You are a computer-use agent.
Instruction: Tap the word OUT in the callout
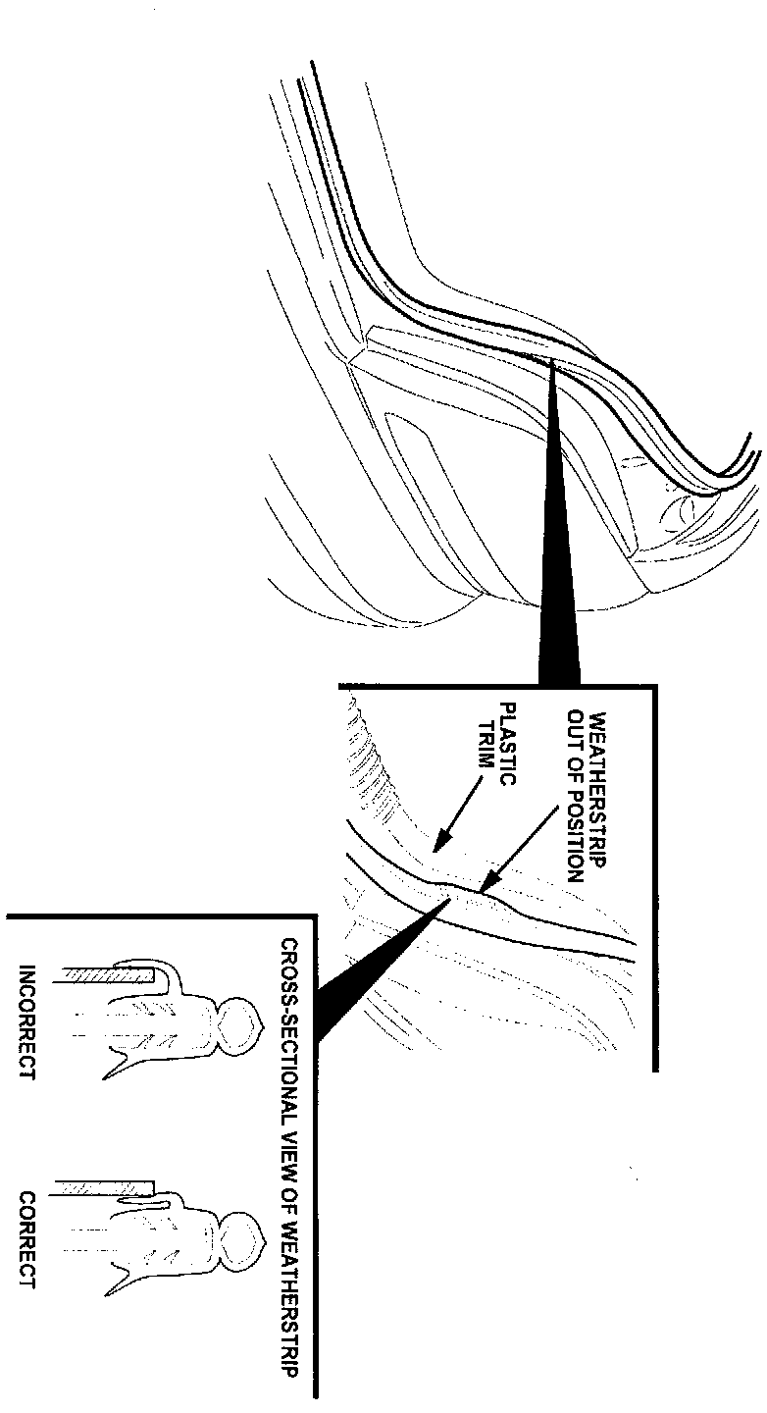point(576,725)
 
